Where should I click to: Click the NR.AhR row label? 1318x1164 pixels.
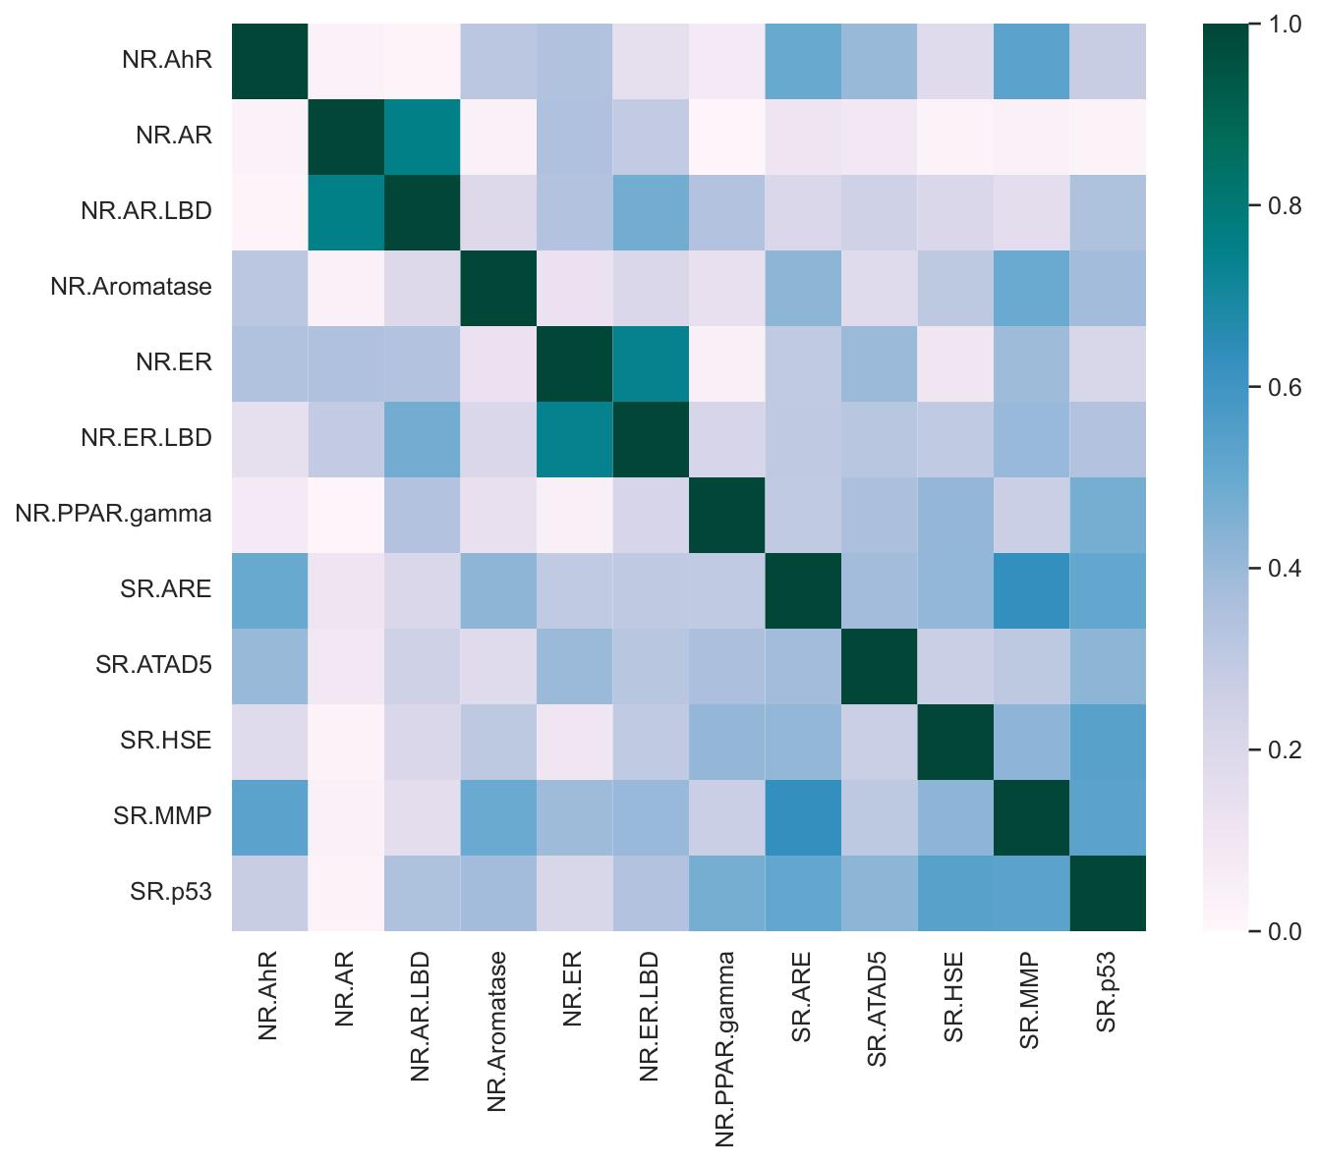(x=167, y=60)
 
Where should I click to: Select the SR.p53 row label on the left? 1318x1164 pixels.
(x=171, y=892)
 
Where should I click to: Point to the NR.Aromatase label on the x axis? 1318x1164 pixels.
(x=497, y=1031)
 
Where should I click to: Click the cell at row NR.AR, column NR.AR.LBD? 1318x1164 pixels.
(x=422, y=136)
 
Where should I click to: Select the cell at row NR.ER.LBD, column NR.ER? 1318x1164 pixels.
(x=574, y=438)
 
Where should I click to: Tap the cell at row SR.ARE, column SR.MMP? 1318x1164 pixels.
(x=1031, y=590)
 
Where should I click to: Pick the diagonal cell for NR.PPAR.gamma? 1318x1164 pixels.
(x=726, y=514)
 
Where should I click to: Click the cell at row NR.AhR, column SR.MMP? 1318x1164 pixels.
(x=1031, y=60)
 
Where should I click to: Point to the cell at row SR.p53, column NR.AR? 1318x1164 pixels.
(x=346, y=892)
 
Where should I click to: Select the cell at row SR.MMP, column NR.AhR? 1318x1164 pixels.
(x=269, y=816)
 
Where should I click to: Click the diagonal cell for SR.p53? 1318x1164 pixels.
(x=1107, y=892)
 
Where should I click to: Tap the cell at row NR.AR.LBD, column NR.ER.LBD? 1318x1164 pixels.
(x=650, y=211)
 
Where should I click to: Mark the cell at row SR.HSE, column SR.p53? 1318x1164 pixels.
(x=1107, y=741)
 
